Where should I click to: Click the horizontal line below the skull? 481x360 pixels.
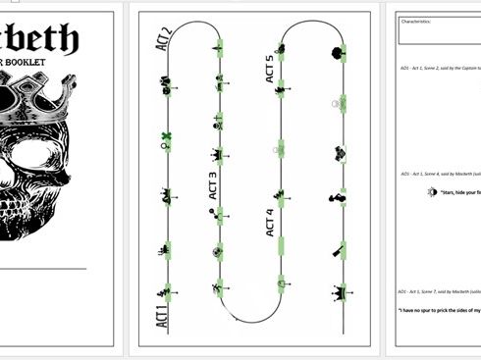[x=43, y=267]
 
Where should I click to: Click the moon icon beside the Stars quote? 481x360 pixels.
[x=432, y=193]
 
